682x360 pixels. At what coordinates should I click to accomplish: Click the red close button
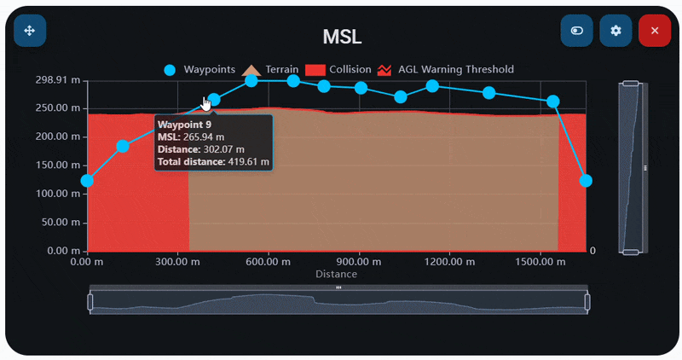pos(654,31)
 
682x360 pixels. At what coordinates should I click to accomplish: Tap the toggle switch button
pos(577,31)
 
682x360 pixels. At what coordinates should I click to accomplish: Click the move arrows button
pos(30,31)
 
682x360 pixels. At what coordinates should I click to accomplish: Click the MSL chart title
pos(342,37)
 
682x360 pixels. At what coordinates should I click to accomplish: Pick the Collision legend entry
pos(338,69)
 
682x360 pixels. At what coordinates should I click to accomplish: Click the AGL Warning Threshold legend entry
pos(446,69)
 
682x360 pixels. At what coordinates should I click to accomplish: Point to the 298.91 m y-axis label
pos(59,80)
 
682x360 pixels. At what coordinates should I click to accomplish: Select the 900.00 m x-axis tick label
pos(359,262)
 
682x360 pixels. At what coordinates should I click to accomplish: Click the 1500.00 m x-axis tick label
pos(540,262)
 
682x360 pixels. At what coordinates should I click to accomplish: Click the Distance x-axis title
pos(336,274)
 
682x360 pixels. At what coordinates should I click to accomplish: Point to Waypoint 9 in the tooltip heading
pos(185,125)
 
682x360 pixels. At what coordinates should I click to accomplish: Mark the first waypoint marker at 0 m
pos(87,181)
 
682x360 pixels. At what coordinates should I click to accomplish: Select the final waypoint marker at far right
pos(586,181)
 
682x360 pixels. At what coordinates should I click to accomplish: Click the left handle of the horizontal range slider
pos(90,301)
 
